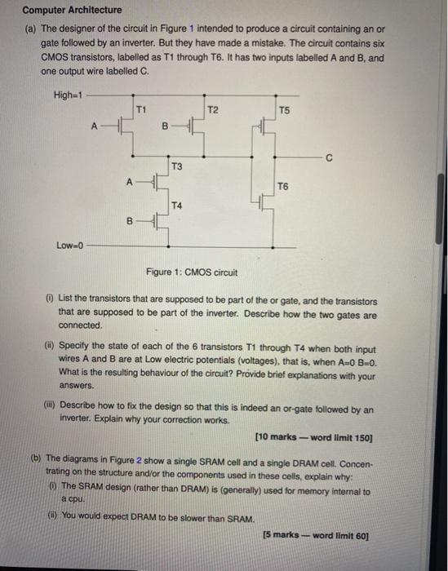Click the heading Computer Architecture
pos(72,10)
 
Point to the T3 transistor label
pos(176,166)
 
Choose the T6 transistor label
pos(283,187)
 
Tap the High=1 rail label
pos(68,95)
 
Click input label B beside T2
pos(166,126)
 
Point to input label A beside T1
pos(95,126)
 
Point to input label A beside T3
pos(128,182)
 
